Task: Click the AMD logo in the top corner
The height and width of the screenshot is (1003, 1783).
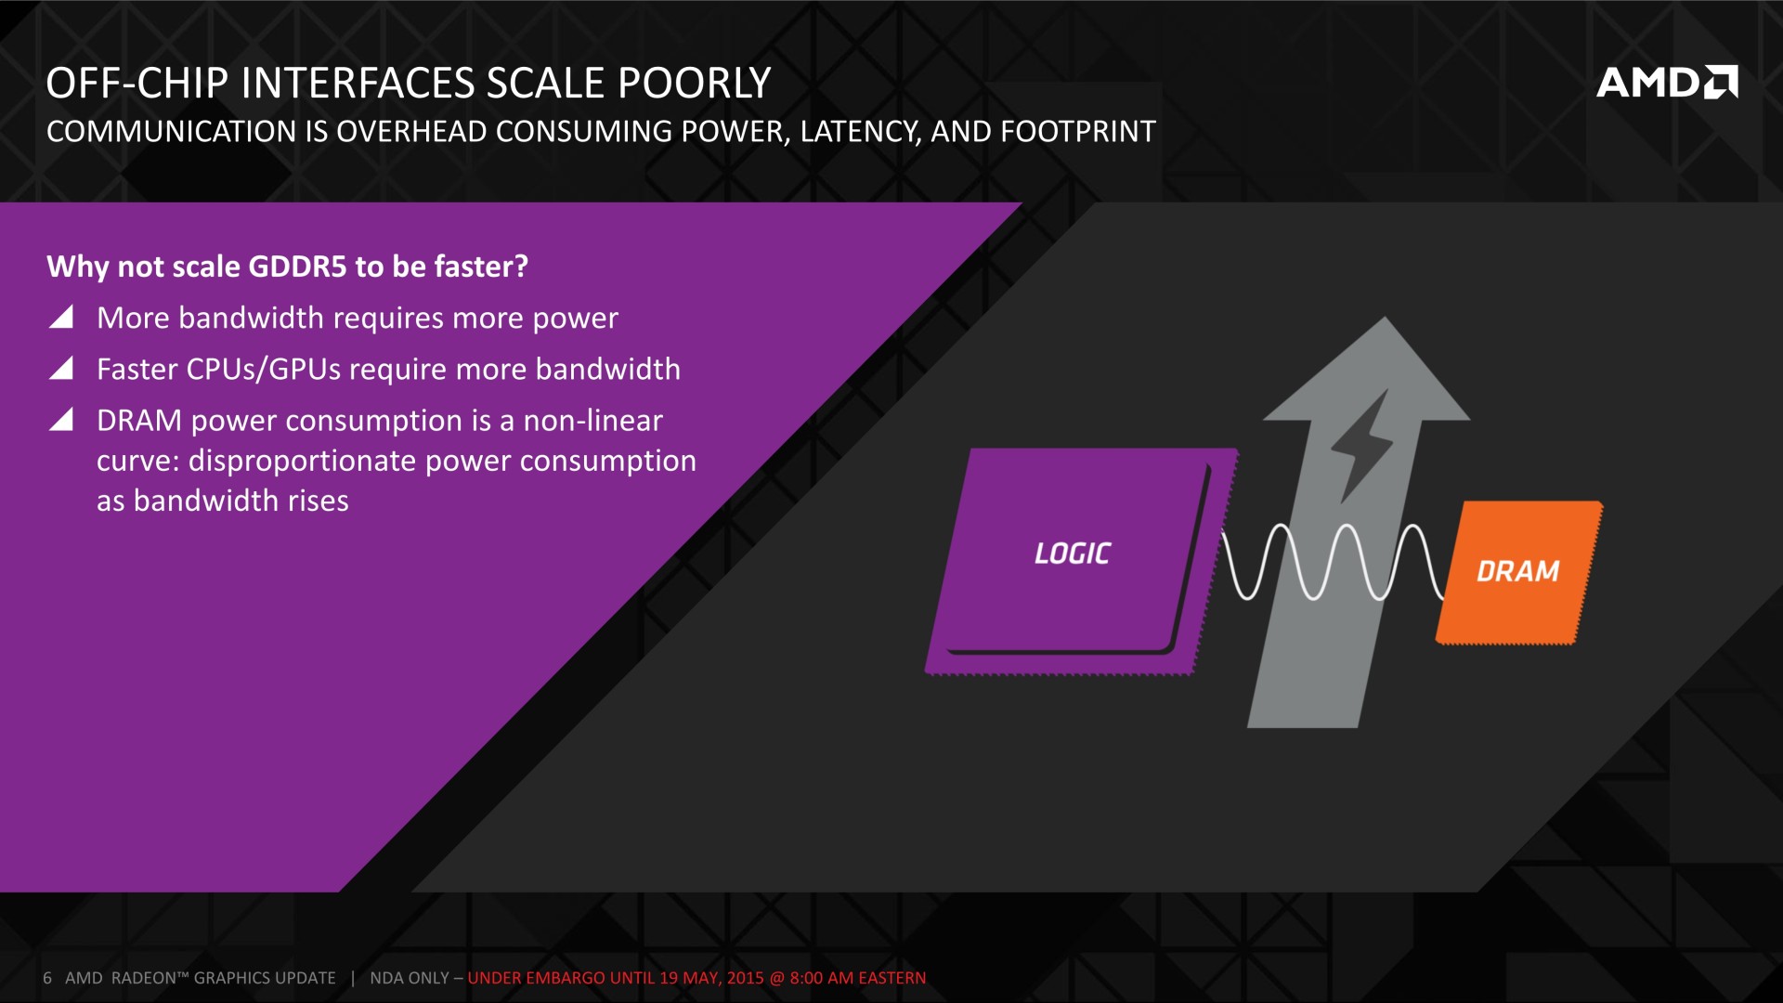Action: coord(1667,83)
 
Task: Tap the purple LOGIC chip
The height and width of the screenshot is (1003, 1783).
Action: coord(1077,562)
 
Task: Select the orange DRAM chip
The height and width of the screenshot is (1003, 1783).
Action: coord(1519,572)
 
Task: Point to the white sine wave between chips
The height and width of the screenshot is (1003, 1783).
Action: coord(1334,562)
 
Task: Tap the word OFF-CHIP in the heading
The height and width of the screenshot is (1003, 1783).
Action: coord(137,84)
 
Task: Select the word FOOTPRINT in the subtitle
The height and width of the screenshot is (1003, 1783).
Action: coord(1078,132)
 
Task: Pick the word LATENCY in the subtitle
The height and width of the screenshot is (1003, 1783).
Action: coord(861,132)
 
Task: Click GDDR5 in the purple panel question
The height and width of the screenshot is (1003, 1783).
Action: coord(297,267)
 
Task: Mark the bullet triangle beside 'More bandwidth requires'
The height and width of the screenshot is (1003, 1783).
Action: coord(60,318)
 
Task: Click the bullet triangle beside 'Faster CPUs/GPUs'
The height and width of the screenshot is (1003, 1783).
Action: coord(60,369)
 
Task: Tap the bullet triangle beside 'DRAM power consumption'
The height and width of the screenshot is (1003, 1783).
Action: coord(60,420)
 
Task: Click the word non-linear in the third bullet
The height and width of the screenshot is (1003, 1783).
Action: coord(593,421)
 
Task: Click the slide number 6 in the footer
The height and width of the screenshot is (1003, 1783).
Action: coord(47,978)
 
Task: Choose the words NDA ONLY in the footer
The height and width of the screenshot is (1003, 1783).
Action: coord(410,978)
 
